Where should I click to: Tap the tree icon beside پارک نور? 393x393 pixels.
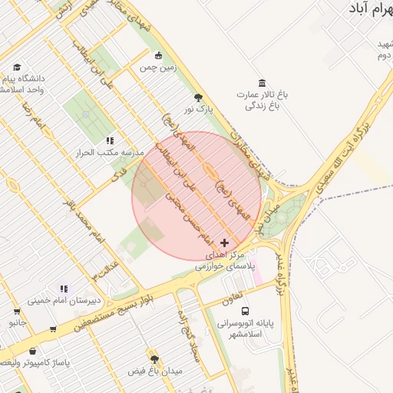200,97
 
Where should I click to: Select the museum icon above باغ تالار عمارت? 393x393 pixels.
263,83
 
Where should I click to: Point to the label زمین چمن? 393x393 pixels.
158,68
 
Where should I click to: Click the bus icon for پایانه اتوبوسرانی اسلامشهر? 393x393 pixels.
245,312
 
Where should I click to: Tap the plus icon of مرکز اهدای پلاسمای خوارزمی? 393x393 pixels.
224,243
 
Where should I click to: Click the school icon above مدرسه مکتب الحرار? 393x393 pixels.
110,140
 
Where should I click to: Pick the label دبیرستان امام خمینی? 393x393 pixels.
61,300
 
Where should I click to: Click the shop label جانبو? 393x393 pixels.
18,323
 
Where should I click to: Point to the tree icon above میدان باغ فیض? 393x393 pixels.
154,359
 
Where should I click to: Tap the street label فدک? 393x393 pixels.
117,176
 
